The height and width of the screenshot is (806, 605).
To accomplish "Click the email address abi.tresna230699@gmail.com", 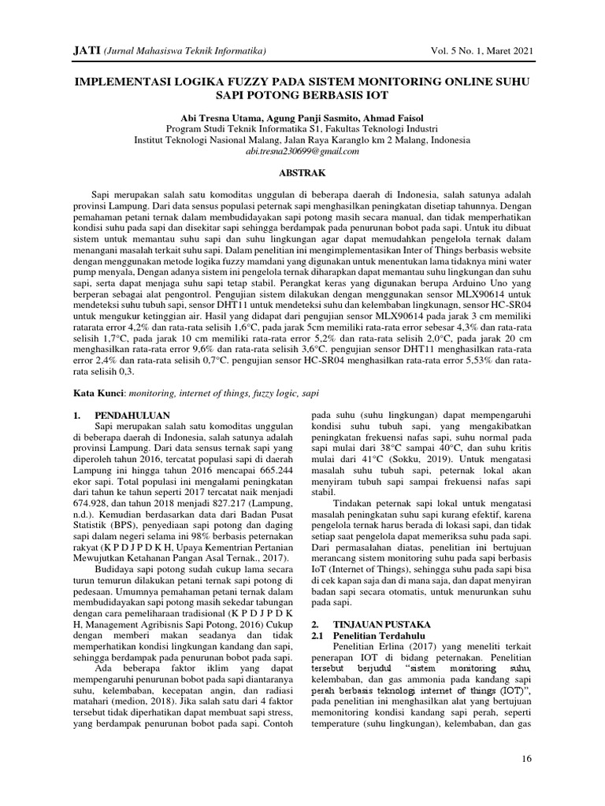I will tap(302, 149).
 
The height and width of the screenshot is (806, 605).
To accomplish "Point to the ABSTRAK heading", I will tap(302, 171).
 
